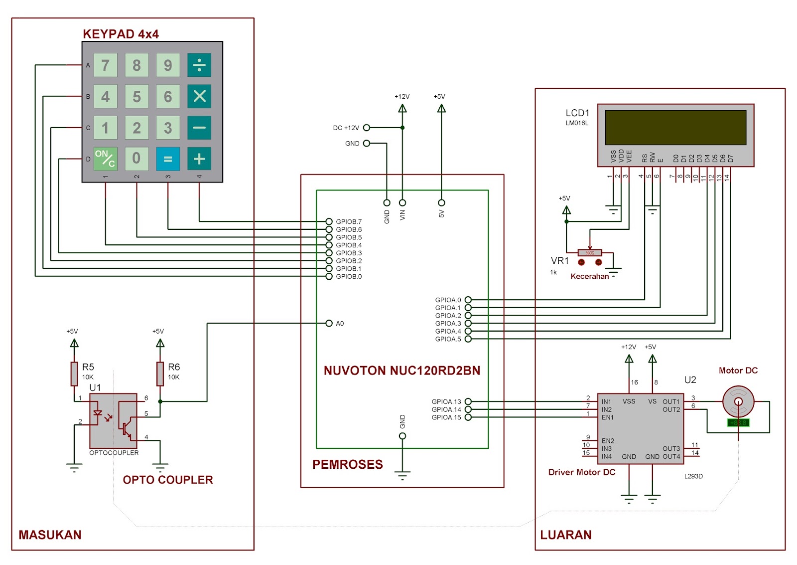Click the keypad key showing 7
105,65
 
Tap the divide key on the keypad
199,65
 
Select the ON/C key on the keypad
105,159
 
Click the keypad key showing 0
136,159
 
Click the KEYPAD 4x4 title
121,34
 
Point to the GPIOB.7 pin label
349,222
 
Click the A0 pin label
340,324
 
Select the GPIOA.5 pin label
448,339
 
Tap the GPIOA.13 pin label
446,401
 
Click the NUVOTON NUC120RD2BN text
402,371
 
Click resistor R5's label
88,367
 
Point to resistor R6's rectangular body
160,374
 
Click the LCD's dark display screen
675,128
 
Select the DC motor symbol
738,401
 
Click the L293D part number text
693,476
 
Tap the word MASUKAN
50,535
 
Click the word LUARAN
566,535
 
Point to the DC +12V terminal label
346,128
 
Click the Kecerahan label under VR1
589,276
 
